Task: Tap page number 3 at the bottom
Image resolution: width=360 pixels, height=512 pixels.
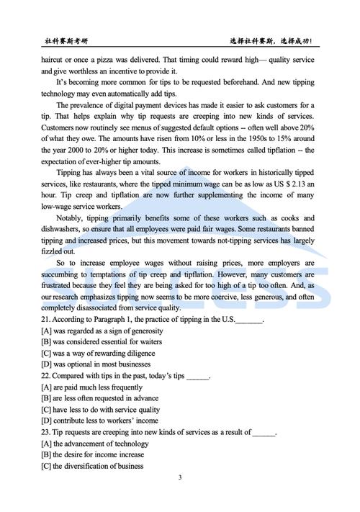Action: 179,477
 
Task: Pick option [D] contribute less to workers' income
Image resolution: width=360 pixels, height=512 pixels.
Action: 100,421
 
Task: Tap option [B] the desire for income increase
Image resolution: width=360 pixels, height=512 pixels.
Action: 93,454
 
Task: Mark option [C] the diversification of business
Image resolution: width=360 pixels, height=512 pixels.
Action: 92,466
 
